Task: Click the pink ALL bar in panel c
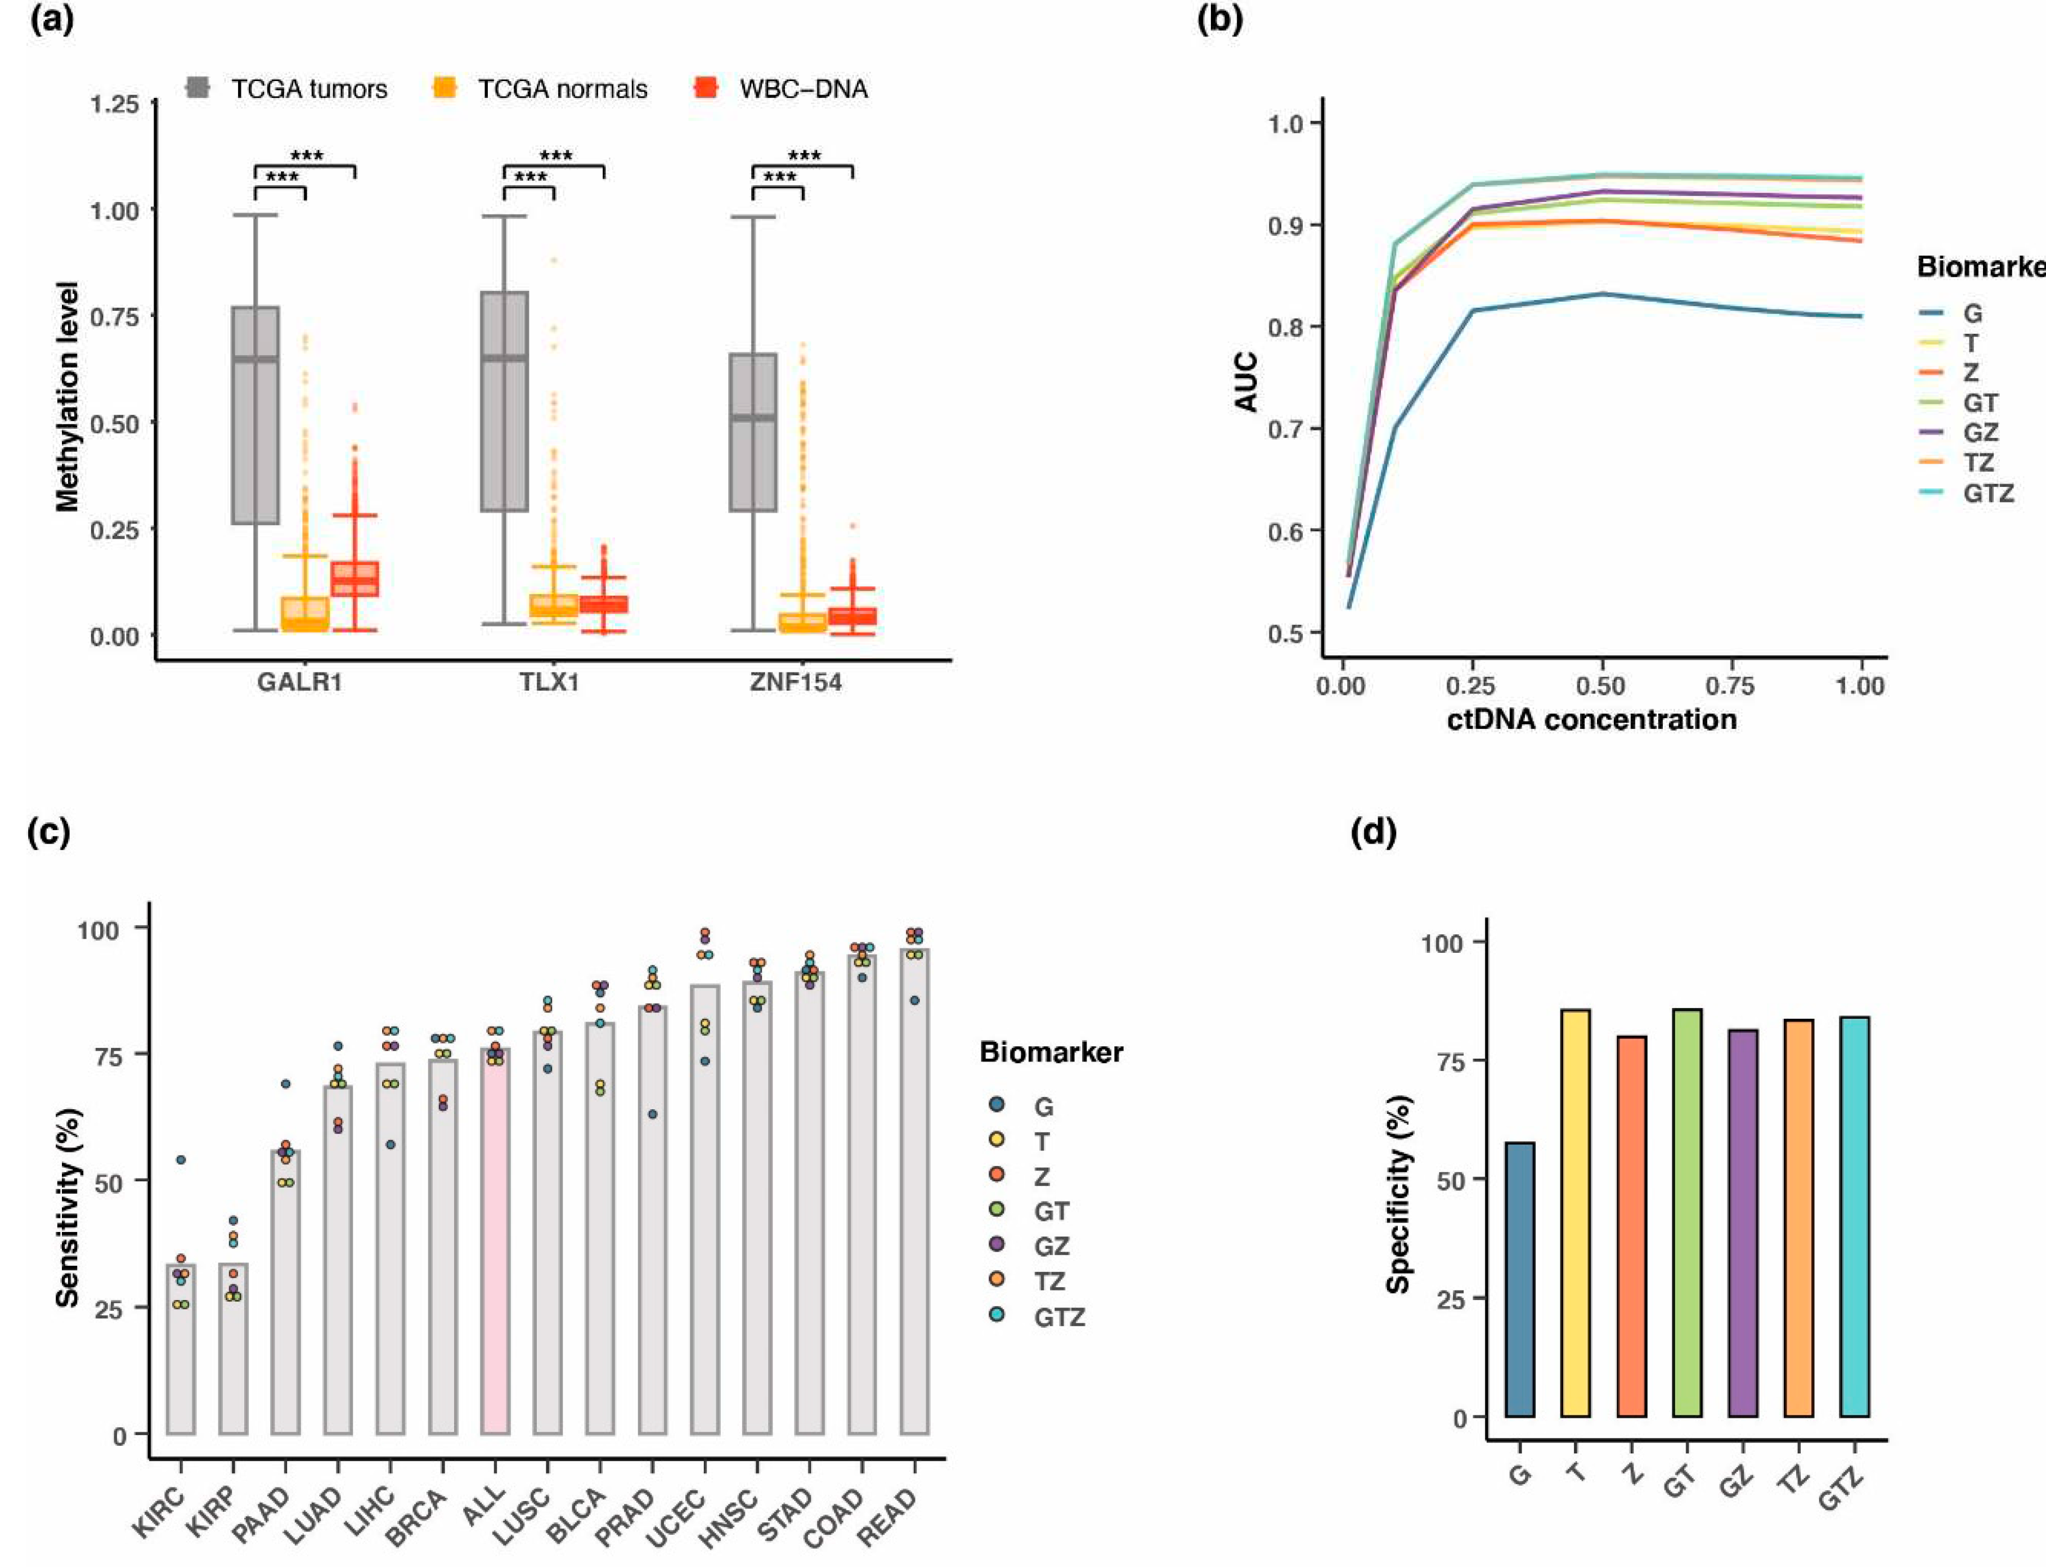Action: tap(495, 1242)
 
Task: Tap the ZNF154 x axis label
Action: tap(796, 682)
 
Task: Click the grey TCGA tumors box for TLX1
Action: tap(504, 401)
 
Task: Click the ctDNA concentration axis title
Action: tap(1592, 720)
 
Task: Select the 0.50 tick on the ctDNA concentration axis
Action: tap(1601, 686)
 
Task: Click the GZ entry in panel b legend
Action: tap(1980, 433)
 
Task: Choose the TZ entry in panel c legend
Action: tap(1049, 1282)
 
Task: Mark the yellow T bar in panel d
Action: tap(1575, 1213)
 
